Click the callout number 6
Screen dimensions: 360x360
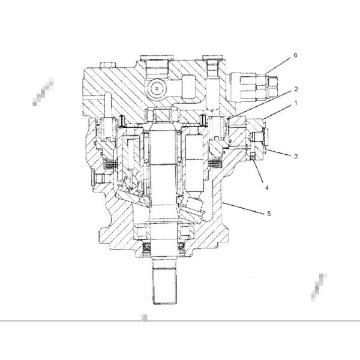click(x=295, y=55)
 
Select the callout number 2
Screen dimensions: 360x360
click(x=296, y=89)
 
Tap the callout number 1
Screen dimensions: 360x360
click(x=296, y=103)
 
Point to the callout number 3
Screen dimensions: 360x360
click(x=296, y=156)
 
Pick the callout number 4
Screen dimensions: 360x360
click(x=267, y=188)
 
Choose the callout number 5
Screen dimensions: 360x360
click(x=269, y=214)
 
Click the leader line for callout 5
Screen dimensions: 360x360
click(x=243, y=208)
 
